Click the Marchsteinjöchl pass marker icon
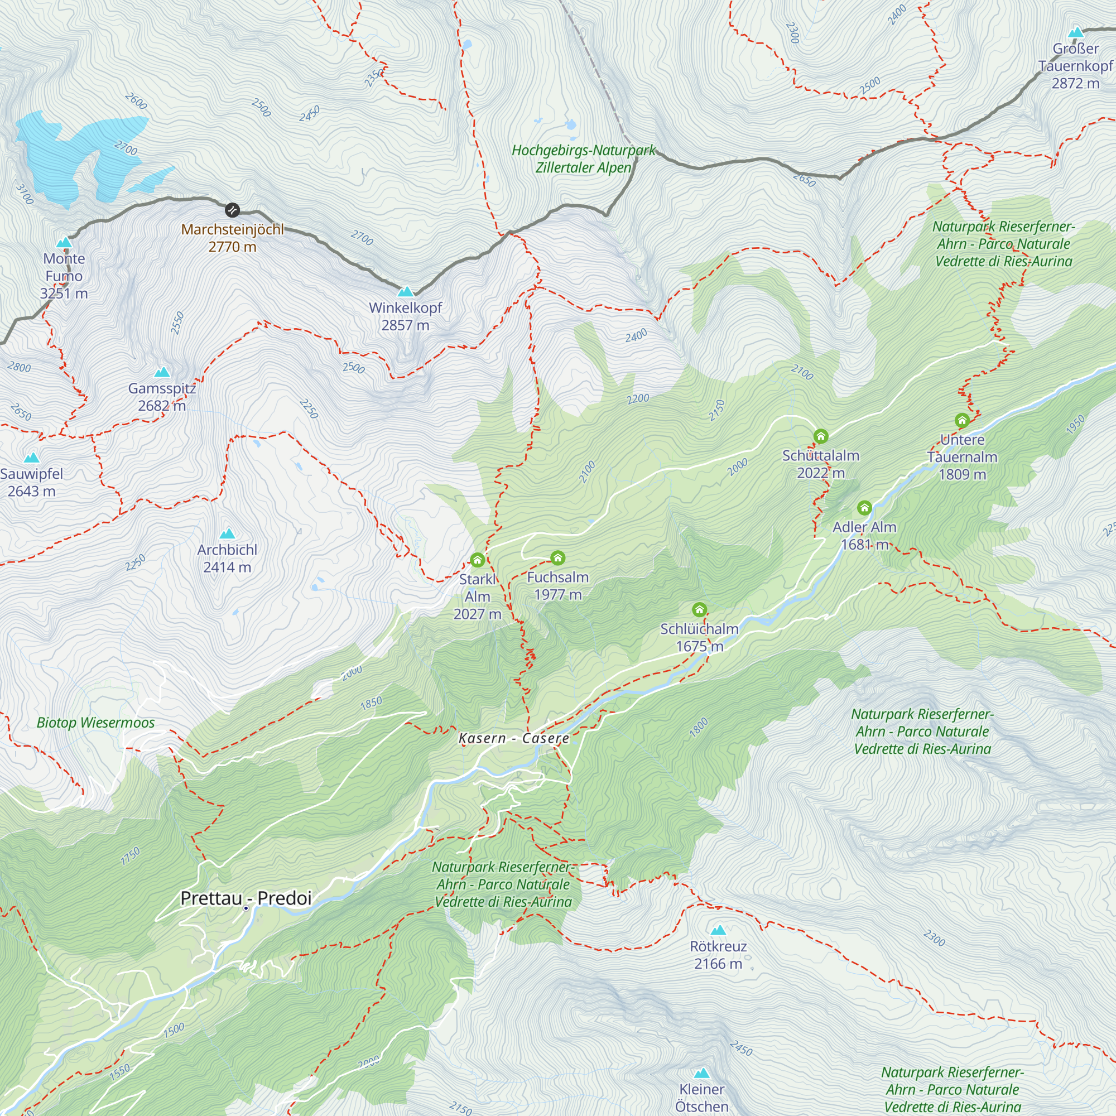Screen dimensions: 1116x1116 (x=232, y=209)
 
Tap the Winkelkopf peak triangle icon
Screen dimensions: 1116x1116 (x=406, y=291)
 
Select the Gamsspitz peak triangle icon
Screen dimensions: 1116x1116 (x=162, y=372)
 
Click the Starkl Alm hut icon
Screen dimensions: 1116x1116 (x=477, y=560)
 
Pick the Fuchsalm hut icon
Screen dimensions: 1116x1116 (x=557, y=557)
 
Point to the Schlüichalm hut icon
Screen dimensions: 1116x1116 (x=700, y=609)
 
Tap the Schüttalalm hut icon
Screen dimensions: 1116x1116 (x=821, y=436)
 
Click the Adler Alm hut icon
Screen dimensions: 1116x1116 (x=864, y=508)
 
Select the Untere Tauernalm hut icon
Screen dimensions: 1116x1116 (x=962, y=421)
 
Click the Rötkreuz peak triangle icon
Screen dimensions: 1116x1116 (x=718, y=930)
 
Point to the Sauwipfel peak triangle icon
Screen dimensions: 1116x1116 (x=32, y=458)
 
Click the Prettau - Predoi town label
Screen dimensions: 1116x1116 (x=246, y=898)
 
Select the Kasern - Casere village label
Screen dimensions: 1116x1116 (x=513, y=738)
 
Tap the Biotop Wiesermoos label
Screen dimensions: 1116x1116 (x=96, y=723)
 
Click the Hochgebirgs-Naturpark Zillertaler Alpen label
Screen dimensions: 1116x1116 (x=584, y=159)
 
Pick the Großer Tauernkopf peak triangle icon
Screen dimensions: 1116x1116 (x=1076, y=32)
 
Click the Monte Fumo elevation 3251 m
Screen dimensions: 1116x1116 (x=64, y=294)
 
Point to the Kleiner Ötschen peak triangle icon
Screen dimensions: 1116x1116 (x=701, y=1073)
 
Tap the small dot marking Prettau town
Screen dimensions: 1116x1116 (x=246, y=908)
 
